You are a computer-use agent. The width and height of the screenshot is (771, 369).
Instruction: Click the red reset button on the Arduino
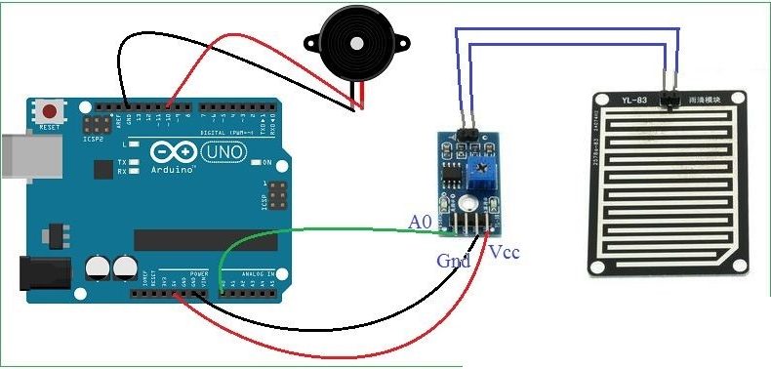pyautogui.click(x=46, y=108)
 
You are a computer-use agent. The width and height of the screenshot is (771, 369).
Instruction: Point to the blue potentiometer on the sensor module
pyautogui.click(x=480, y=175)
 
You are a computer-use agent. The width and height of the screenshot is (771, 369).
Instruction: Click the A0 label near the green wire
pyautogui.click(x=420, y=223)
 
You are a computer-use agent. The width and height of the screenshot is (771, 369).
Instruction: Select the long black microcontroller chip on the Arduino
pyautogui.click(x=195, y=239)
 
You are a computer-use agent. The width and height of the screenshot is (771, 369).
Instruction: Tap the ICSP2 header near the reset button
pyautogui.click(x=97, y=125)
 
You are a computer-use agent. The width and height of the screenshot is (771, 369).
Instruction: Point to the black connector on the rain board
pyautogui.click(x=670, y=99)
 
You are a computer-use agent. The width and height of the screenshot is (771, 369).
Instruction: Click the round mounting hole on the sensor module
pyautogui.click(x=469, y=204)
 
